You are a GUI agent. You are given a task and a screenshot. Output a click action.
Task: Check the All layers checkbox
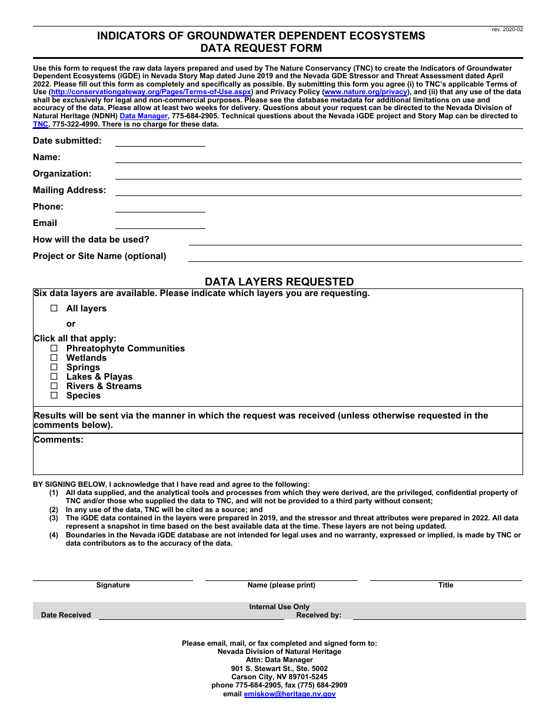point(54,308)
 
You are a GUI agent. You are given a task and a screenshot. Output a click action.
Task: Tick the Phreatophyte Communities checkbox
point(54,348)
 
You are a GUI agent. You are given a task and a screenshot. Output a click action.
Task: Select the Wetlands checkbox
point(54,358)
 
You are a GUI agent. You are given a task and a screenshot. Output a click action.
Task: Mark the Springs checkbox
point(54,367)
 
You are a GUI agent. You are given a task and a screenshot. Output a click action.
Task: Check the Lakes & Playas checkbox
point(54,377)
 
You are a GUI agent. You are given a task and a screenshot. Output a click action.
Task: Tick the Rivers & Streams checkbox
point(54,386)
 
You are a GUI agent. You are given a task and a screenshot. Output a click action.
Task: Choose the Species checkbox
point(54,396)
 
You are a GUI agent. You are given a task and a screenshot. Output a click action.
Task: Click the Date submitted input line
point(160,141)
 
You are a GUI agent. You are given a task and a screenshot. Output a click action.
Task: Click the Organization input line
point(318,174)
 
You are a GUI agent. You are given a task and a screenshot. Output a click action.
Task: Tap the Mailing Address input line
point(318,191)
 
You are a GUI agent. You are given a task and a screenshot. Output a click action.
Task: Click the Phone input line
point(160,207)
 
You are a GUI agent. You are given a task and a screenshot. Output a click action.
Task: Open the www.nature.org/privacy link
point(365,92)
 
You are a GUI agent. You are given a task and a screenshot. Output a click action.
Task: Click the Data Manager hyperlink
point(144,117)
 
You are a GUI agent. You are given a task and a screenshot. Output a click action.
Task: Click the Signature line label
point(113,585)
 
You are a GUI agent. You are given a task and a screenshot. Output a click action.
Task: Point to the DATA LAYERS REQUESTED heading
point(279,282)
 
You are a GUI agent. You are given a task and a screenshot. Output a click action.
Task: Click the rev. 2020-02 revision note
point(507,29)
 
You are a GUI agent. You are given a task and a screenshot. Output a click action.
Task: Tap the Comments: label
point(58,440)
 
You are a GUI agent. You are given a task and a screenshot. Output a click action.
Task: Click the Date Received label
point(66,615)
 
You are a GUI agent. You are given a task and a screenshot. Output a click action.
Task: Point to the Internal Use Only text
point(279,607)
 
